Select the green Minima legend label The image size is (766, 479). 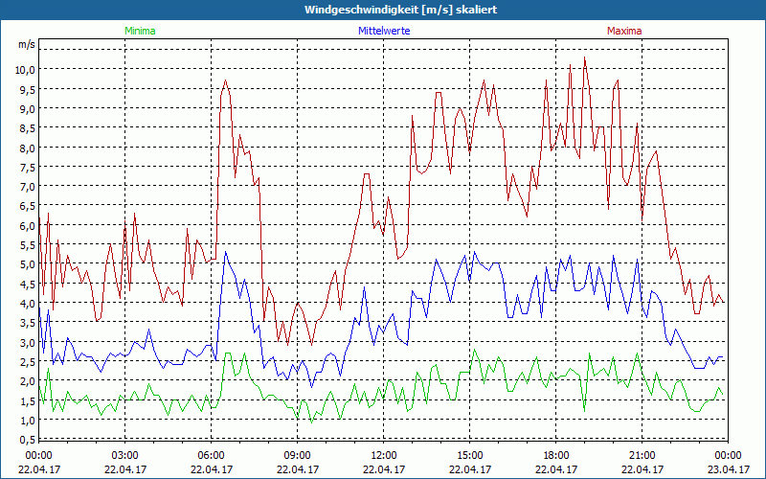pyautogui.click(x=139, y=31)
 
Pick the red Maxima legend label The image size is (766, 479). pyautogui.click(x=624, y=31)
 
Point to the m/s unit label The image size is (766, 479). pyautogui.click(x=26, y=45)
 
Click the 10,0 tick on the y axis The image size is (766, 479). pyautogui.click(x=23, y=70)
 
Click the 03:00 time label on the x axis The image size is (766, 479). pyautogui.click(x=125, y=455)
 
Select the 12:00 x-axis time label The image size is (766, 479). pyautogui.click(x=384, y=455)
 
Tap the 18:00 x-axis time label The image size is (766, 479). pyautogui.click(x=556, y=455)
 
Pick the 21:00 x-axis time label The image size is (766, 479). pyautogui.click(x=642, y=455)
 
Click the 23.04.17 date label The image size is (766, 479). pyautogui.click(x=729, y=469)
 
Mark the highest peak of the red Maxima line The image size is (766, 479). pyautogui.click(x=585, y=57)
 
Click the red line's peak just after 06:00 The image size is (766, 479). pyautogui.click(x=226, y=80)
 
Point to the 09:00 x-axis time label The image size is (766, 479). pyautogui.click(x=298, y=455)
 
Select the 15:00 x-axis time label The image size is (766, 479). pyautogui.click(x=470, y=455)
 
